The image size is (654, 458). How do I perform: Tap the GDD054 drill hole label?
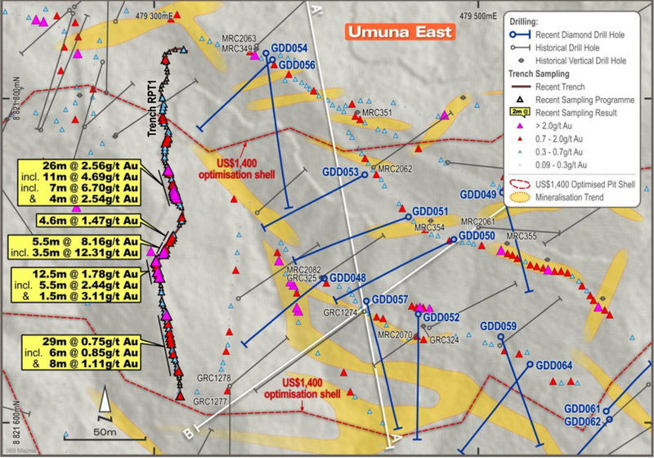tap(289, 48)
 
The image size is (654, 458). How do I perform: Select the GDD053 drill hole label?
tap(336, 173)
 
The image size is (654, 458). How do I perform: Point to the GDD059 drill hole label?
tap(499, 326)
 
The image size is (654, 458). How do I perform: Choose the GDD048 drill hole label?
tap(348, 278)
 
